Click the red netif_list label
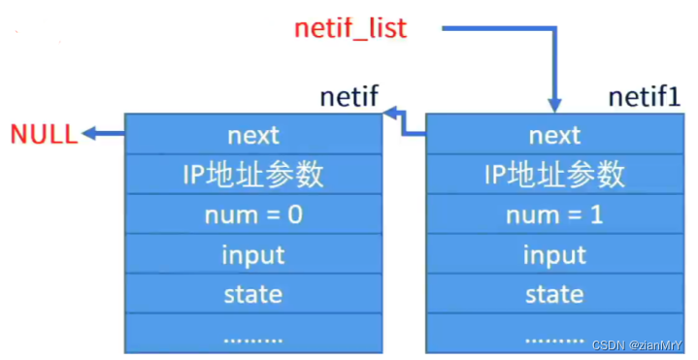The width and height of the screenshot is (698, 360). pos(350,28)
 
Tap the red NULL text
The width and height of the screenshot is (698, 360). pos(43,134)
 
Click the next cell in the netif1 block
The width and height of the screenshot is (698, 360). pos(553,134)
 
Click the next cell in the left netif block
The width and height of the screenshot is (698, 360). pos(253,134)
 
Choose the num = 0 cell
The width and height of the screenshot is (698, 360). pos(253,213)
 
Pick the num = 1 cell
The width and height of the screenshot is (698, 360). pos(553,213)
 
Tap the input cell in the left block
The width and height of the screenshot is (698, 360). pos(253,254)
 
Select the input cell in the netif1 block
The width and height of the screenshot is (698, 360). pos(553,254)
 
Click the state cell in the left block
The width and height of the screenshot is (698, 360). pos(253,293)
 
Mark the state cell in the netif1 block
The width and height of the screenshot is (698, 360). pos(553,293)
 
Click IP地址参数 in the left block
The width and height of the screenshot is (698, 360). pos(253,174)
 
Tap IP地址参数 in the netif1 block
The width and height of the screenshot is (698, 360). pos(553,174)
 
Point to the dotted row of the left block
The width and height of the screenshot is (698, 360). pos(253,335)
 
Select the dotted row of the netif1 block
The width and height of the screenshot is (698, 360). pos(553,335)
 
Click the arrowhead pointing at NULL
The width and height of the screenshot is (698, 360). pos(88,134)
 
